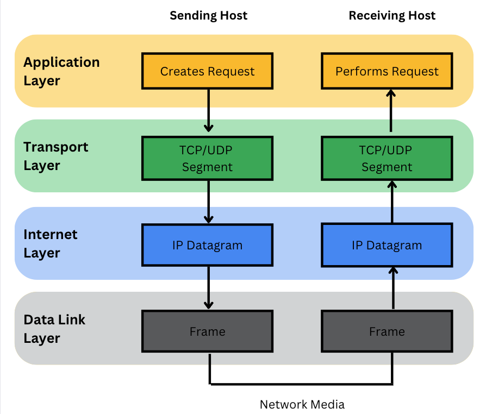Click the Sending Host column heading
[208, 16]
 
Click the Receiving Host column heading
[392, 16]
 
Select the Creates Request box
[207, 71]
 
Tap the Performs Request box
[387, 71]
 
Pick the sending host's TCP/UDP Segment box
[207, 158]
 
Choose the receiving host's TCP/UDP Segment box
[387, 158]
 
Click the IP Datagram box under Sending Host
[207, 245]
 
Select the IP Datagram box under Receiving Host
[387, 245]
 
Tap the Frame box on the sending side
[207, 331]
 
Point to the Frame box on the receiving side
[387, 331]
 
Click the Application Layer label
[61, 71]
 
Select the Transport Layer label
[55, 156]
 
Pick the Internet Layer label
[50, 243]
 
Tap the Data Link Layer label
[54, 329]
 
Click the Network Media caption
[302, 404]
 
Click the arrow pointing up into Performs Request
[390, 111]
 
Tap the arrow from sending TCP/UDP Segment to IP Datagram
[208, 201]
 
